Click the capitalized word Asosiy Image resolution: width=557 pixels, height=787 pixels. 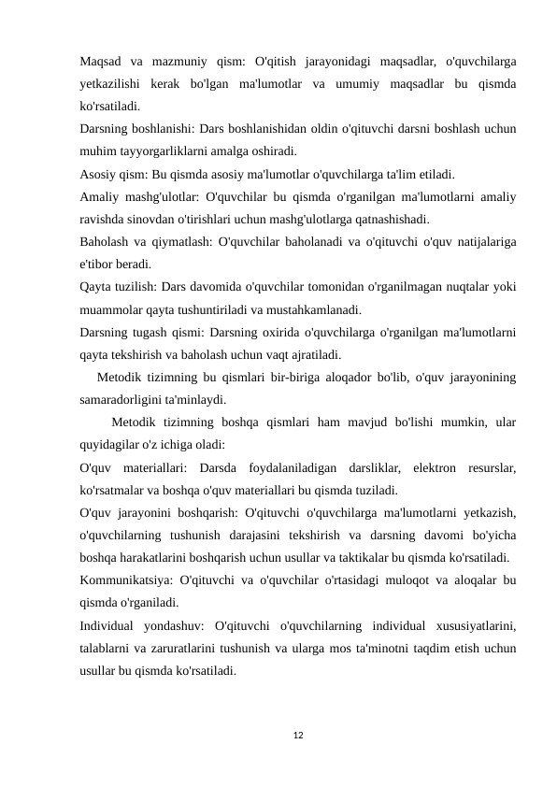(99, 174)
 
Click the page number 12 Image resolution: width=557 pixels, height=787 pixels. (299, 737)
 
